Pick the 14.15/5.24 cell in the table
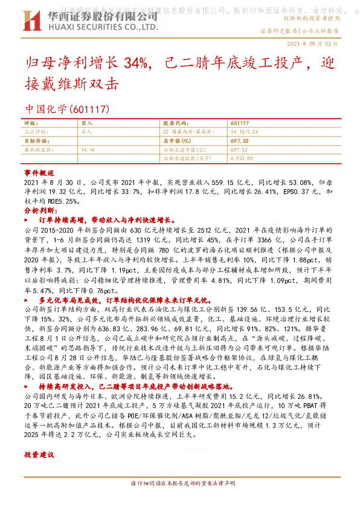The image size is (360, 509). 244,131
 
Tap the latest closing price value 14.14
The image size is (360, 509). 88,148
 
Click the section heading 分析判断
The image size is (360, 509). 40,211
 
